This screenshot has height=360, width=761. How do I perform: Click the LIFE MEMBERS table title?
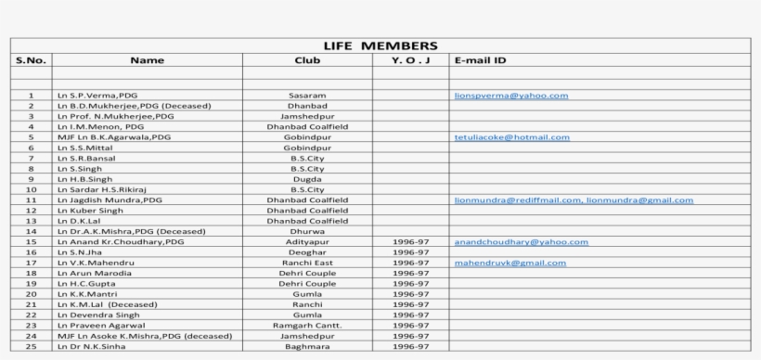[380, 45]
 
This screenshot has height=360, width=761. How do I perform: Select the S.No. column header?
[30, 60]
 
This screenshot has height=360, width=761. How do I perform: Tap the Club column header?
[307, 60]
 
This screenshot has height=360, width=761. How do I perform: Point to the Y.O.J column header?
[410, 60]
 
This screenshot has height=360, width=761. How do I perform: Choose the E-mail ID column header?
[481, 60]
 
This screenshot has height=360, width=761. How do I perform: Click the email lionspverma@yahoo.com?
[510, 96]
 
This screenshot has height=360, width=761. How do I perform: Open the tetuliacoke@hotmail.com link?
[511, 137]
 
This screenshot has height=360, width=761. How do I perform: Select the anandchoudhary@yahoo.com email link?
[521, 242]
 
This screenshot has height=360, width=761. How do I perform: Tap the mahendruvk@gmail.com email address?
[509, 264]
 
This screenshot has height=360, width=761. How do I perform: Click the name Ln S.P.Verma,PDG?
[95, 96]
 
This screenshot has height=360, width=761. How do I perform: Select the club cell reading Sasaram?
[307, 96]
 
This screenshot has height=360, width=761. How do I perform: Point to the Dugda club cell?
[307, 179]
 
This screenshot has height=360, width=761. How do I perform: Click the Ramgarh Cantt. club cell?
[307, 326]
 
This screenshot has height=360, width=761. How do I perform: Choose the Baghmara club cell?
[307, 347]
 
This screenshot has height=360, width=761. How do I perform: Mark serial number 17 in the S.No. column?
[30, 264]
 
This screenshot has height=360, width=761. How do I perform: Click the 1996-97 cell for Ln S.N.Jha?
[410, 252]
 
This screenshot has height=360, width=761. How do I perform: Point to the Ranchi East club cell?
[307, 264]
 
